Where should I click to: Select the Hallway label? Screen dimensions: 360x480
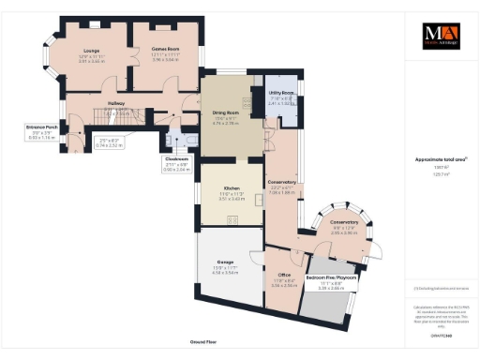coord(116,105)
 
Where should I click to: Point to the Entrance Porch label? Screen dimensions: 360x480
coord(42,127)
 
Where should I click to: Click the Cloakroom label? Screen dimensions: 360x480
coord(176,158)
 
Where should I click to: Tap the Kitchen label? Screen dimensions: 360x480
coord(231,188)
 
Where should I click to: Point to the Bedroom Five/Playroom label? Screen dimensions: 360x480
coord(334,279)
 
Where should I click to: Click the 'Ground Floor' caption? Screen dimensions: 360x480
coord(203,344)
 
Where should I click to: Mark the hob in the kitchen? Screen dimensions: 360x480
coord(232,221)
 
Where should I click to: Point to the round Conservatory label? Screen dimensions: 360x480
coord(344,222)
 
